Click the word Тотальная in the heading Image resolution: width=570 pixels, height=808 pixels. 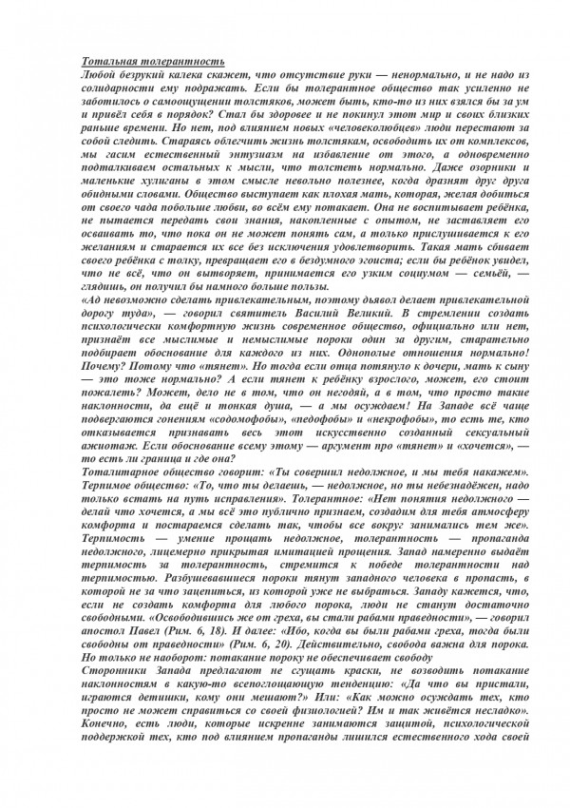[x=104, y=59]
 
